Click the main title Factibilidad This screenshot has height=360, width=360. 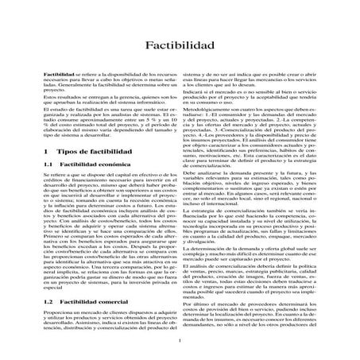(x=180, y=47)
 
